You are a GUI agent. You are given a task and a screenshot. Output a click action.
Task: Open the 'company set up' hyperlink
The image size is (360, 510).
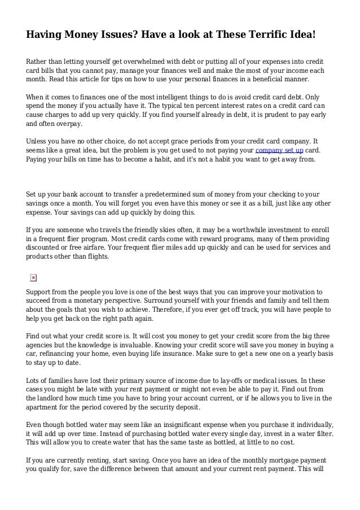tap(279, 151)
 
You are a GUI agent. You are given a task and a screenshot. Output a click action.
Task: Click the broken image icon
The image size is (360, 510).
tap(33, 278)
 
